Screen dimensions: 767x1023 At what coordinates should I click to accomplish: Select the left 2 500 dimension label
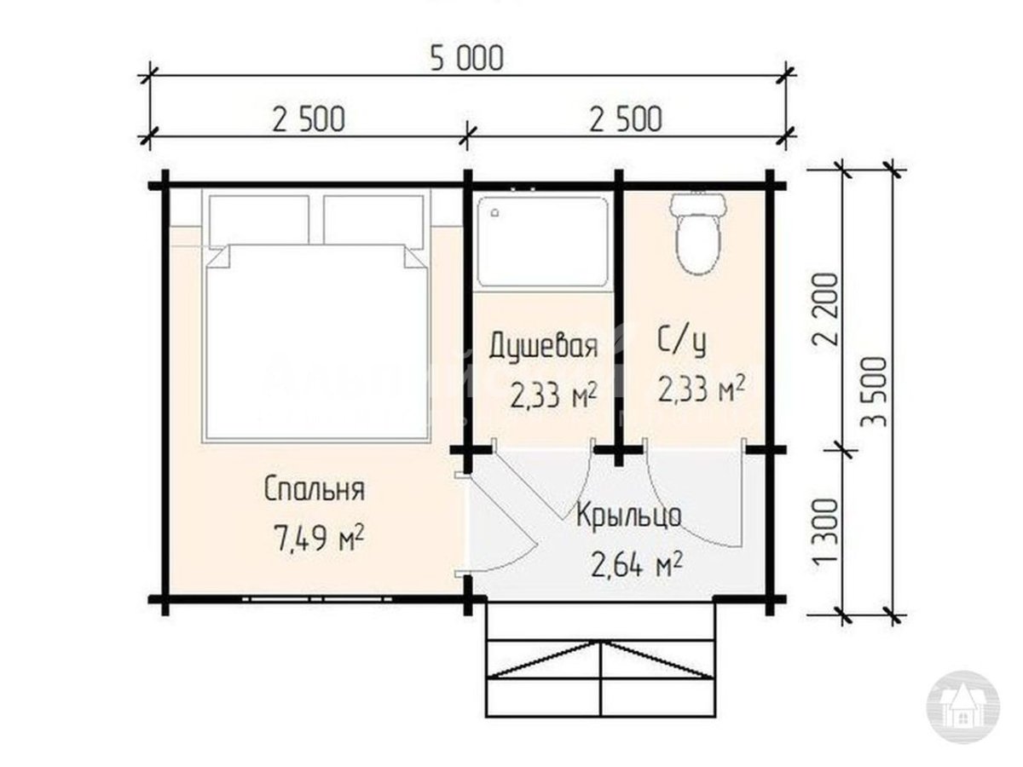pos(309,118)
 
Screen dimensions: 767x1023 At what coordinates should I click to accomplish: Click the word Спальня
pos(315,490)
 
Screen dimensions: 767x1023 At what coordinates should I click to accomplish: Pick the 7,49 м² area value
pos(316,538)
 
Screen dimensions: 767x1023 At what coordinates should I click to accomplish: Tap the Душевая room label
pos(541,347)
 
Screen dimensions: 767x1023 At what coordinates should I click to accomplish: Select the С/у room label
pos(682,342)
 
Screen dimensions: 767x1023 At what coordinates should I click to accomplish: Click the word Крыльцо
pos(628,516)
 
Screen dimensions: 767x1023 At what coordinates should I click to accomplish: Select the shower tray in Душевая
pos(542,241)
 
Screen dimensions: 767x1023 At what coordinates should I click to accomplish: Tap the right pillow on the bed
pos(374,219)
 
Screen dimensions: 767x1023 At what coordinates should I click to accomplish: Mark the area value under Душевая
pos(552,395)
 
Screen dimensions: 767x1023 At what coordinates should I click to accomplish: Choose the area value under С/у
pos(702,389)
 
